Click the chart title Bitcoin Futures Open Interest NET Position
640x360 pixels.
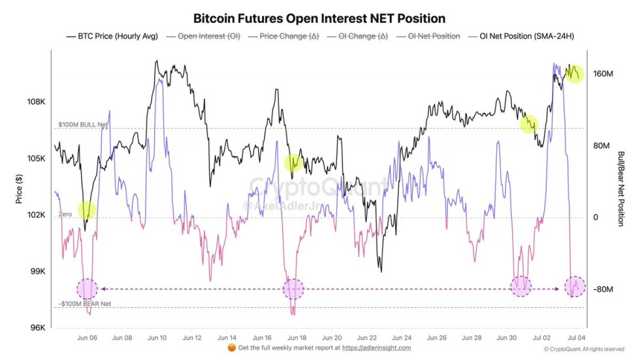click(x=319, y=18)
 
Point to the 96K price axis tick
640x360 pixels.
click(x=37, y=327)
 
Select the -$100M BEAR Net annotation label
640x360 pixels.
click(x=85, y=303)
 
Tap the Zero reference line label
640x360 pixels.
click(x=65, y=214)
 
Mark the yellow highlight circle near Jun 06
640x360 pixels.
click(x=87, y=210)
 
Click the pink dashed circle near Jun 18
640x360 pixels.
click(x=294, y=288)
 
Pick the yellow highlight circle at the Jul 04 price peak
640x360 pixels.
click(x=574, y=74)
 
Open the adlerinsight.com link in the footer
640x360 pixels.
click(x=377, y=348)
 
